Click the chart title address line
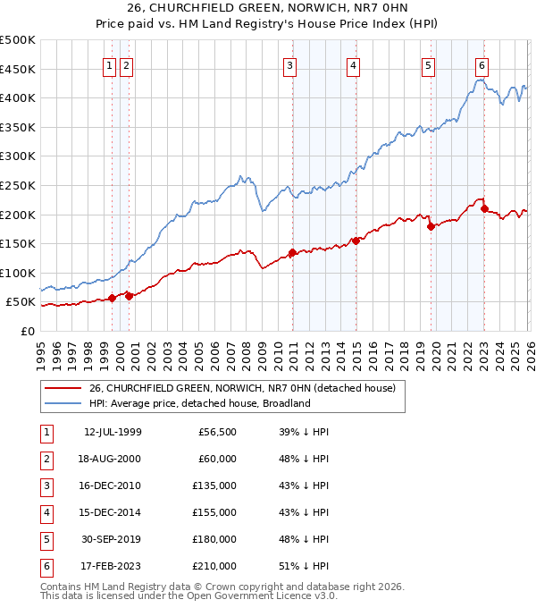(x=267, y=9)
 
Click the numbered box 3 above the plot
(x=290, y=65)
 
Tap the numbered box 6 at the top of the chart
(x=482, y=65)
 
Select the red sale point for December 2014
(x=356, y=240)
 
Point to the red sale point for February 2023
(x=484, y=208)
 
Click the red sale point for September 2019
(x=431, y=226)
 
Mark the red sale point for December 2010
(x=292, y=252)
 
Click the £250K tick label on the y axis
(x=18, y=185)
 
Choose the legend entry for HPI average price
(x=198, y=403)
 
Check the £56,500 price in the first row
(x=216, y=432)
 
